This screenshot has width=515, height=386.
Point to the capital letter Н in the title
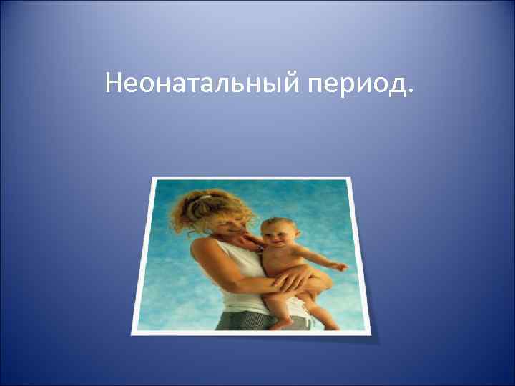click(113, 84)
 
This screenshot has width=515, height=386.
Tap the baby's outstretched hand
click(340, 267)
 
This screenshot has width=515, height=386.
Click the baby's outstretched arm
click(315, 257)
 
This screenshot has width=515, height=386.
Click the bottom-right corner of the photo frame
click(367, 331)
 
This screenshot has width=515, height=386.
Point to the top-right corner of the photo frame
click(350, 178)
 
